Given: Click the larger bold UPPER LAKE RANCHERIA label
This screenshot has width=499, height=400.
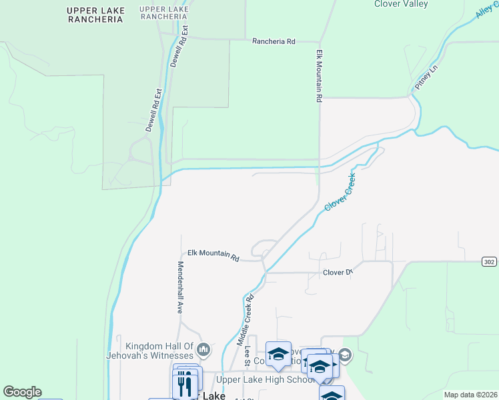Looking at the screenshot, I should pyautogui.click(x=96, y=15).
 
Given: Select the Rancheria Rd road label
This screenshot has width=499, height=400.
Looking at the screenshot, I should pyautogui.click(x=274, y=41).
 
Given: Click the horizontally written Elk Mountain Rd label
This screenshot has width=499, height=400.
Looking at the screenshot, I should pyautogui.click(x=213, y=253).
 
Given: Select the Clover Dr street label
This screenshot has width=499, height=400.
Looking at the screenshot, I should pyautogui.click(x=337, y=273).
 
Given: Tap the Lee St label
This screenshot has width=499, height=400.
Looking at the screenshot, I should pyautogui.click(x=247, y=356).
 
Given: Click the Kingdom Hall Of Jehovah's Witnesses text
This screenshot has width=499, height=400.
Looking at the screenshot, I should pyautogui.click(x=159, y=351).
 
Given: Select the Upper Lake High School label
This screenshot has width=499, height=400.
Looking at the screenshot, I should pyautogui.click(x=266, y=380).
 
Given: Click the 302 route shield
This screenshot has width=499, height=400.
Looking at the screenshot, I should pyautogui.click(x=489, y=261).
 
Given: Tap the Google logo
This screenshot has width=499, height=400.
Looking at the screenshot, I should pyautogui.click(x=22, y=392).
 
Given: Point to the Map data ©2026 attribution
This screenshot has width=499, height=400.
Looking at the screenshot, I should pyautogui.click(x=470, y=395).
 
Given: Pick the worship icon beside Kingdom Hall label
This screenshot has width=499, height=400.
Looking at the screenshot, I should pyautogui.click(x=204, y=349).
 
